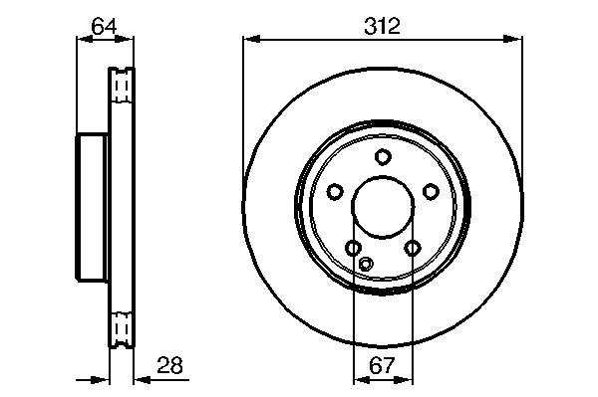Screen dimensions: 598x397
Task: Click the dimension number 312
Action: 382,27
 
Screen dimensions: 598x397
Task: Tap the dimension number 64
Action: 104,26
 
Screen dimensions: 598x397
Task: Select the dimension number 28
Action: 170,365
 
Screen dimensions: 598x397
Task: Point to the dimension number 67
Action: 382,365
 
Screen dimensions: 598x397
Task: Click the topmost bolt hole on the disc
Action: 383,157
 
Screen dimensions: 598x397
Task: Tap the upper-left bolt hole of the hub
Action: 335,191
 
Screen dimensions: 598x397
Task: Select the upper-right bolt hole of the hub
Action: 431,191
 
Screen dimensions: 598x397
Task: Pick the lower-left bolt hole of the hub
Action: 353,248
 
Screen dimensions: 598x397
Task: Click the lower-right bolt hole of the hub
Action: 413,248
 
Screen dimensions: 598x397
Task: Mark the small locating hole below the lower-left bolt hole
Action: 366,264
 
